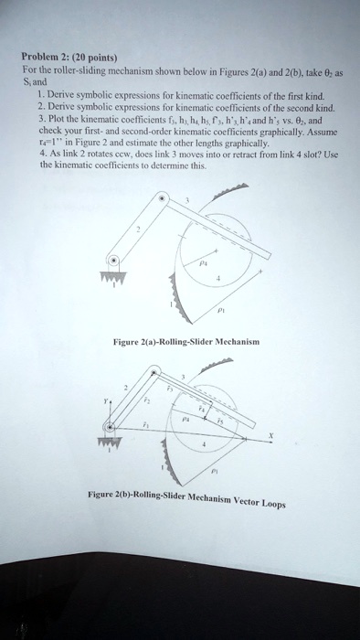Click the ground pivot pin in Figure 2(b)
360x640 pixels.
[111, 425]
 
